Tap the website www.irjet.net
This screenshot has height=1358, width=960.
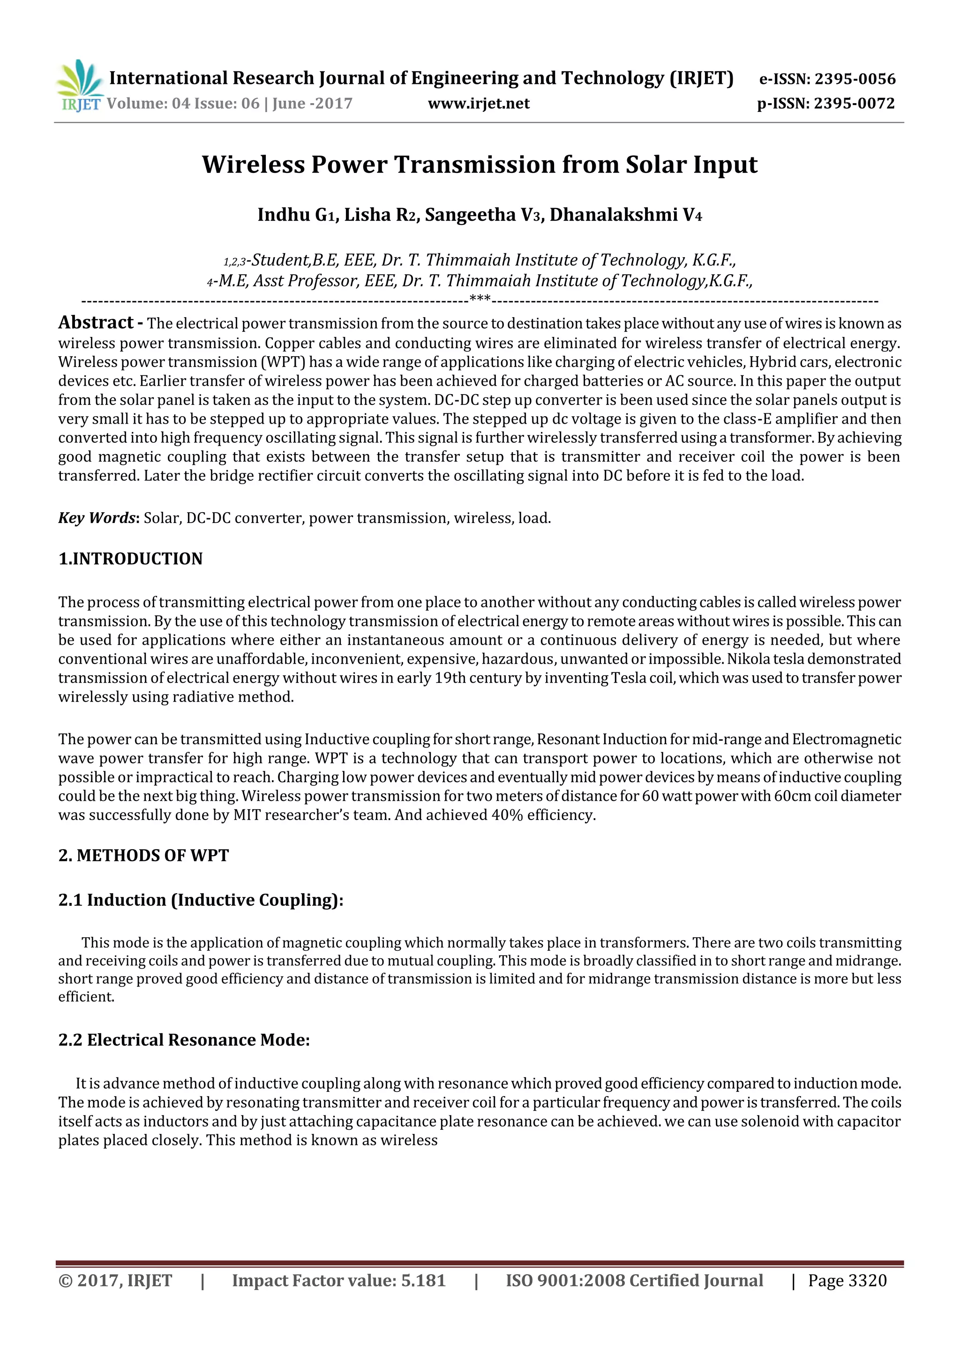click(x=478, y=104)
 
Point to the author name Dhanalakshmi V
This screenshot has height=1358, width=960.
click(x=625, y=215)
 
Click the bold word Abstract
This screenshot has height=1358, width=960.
click(x=96, y=322)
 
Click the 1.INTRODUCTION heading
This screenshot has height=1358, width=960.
click(x=130, y=559)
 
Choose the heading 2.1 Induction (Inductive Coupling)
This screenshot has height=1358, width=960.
click(x=201, y=900)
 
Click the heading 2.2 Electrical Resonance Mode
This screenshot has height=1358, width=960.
click(x=184, y=1040)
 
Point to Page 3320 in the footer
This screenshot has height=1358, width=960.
click(x=847, y=1281)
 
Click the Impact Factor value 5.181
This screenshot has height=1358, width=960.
click(x=423, y=1281)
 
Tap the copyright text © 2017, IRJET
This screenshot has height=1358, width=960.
click(x=115, y=1281)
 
